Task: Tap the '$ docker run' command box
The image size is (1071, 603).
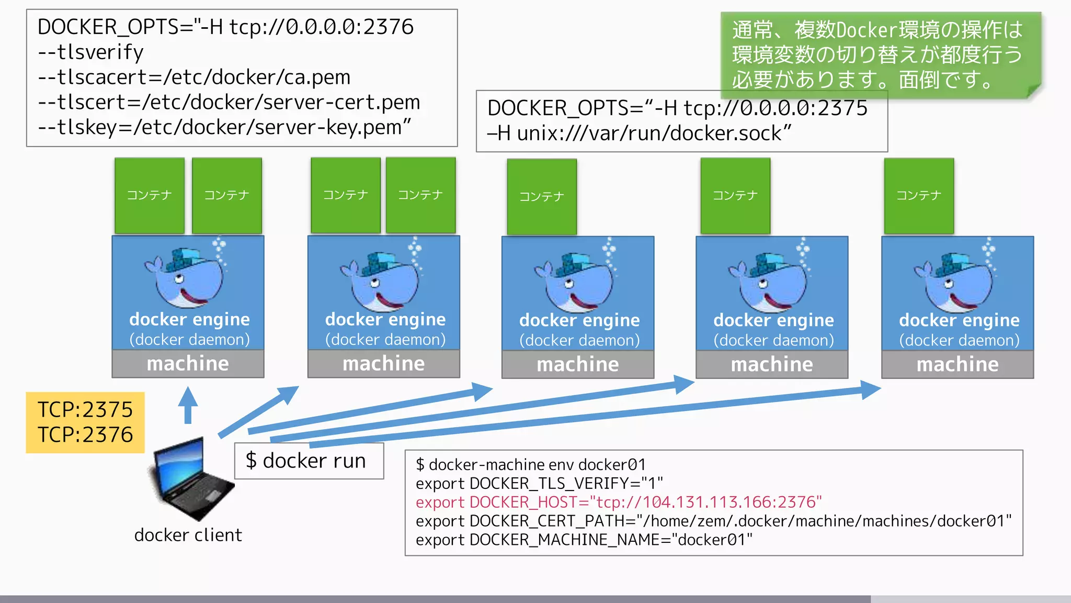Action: [309, 461]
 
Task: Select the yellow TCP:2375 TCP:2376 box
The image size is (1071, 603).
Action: [85, 422]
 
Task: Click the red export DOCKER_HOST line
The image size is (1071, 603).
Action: [618, 502]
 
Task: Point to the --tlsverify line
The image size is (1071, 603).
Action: [90, 52]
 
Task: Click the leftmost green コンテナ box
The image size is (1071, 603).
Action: [150, 195]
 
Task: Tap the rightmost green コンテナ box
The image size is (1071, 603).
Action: [919, 196]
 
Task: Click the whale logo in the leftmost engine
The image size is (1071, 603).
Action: [186, 277]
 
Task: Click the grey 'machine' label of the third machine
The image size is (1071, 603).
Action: [578, 364]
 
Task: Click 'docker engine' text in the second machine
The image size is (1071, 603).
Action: [385, 319]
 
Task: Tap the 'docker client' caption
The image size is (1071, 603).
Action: [188, 535]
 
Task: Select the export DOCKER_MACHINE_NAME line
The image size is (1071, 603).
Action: [584, 540]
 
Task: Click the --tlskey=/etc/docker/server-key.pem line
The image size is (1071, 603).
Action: [224, 127]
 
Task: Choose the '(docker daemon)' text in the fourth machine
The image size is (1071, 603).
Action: [773, 341]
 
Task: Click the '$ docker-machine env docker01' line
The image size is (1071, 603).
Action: [530, 465]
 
